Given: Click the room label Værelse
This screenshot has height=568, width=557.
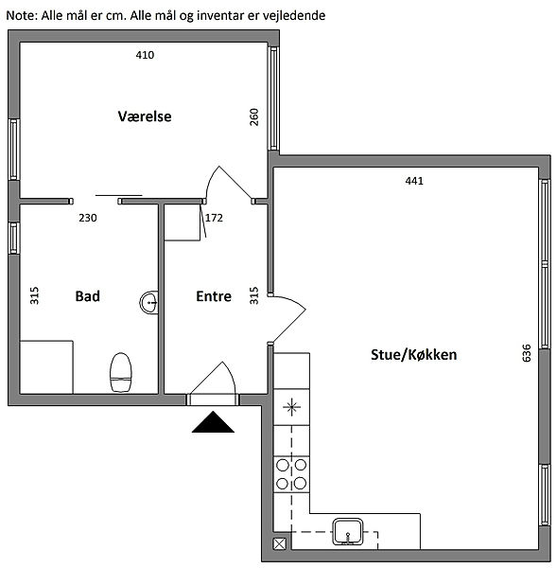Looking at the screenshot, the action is click(145, 116).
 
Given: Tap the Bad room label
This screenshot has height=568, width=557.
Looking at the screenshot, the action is click(88, 296).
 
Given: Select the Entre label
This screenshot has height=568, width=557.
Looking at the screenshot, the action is click(214, 296).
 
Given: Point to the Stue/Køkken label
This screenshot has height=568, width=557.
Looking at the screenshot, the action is click(413, 355).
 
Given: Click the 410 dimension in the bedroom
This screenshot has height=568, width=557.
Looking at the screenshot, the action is click(145, 55).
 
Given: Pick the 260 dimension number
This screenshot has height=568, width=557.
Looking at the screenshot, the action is click(254, 117).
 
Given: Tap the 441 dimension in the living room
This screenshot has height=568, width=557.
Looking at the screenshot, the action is click(414, 181).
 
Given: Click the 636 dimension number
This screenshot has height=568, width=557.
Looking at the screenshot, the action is click(526, 353).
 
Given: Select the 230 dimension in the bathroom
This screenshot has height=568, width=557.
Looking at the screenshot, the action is click(88, 218).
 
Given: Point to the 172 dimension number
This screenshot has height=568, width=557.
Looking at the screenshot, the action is click(214, 218).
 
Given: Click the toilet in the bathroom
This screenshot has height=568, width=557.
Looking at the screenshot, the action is click(120, 372).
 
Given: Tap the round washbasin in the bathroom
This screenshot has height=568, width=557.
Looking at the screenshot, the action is click(149, 302).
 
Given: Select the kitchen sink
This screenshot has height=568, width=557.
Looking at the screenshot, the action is click(348, 531).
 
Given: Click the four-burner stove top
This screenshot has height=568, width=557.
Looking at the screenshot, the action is click(291, 474).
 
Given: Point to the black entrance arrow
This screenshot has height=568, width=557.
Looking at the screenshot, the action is click(213, 421).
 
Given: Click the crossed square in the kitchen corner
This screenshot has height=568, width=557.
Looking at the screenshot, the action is click(280, 543).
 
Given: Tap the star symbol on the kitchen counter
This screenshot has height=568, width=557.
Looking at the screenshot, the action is click(291, 407).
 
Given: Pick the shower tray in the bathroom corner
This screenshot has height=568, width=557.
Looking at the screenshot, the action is click(46, 367).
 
